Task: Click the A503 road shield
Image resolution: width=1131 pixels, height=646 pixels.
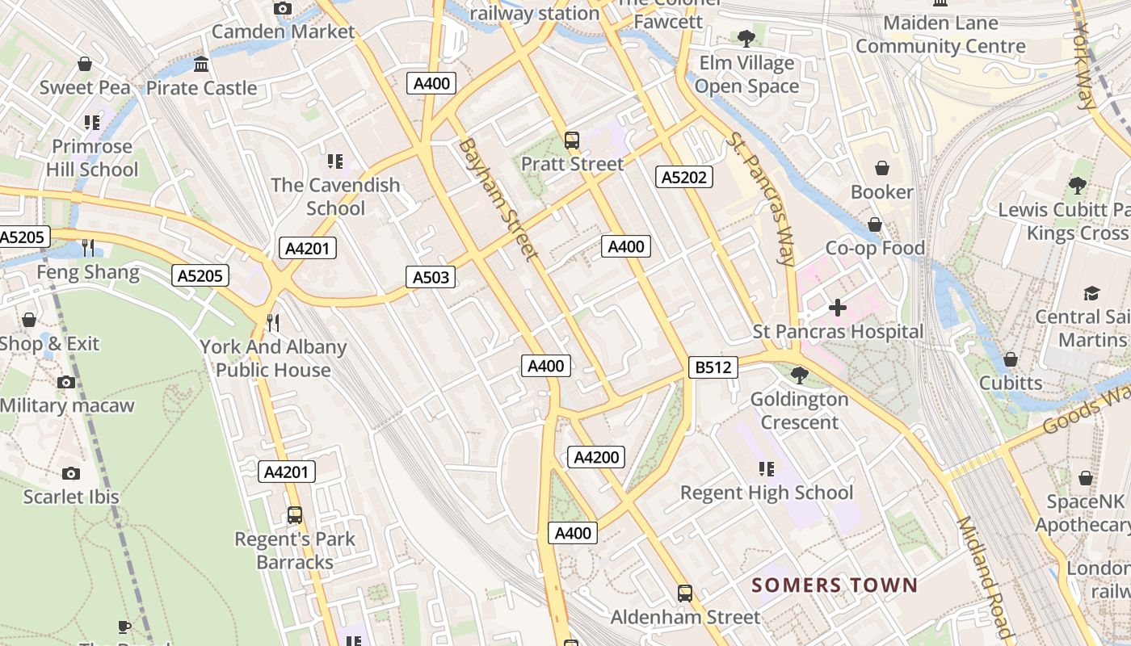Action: [431, 278]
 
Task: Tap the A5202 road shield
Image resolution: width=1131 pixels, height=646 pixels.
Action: [684, 177]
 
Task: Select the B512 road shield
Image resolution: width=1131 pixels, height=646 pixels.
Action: [713, 367]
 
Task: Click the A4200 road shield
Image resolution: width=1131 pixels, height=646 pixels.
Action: [596, 458]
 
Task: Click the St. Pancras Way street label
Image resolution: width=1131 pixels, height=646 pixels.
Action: [760, 199]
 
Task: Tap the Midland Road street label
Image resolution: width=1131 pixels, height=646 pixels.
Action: [985, 578]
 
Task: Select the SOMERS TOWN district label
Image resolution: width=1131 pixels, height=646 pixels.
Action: [835, 585]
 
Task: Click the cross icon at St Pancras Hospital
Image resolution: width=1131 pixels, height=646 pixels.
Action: [838, 308]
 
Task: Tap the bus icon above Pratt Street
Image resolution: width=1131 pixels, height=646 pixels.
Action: [572, 141]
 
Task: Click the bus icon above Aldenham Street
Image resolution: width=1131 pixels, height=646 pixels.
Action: [685, 594]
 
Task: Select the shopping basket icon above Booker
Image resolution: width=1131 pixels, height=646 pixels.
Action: [882, 168]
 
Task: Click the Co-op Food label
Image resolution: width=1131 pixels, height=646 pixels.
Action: [875, 248]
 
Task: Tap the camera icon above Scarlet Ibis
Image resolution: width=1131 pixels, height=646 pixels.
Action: [71, 473]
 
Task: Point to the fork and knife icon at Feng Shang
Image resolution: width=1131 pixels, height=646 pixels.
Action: [88, 247]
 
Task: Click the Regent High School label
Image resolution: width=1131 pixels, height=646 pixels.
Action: [767, 493]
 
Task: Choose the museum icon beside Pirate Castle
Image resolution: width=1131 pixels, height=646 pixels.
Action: [201, 64]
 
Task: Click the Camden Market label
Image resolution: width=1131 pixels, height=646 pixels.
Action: [283, 32]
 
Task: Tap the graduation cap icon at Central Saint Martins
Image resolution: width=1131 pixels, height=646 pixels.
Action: [1092, 293]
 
